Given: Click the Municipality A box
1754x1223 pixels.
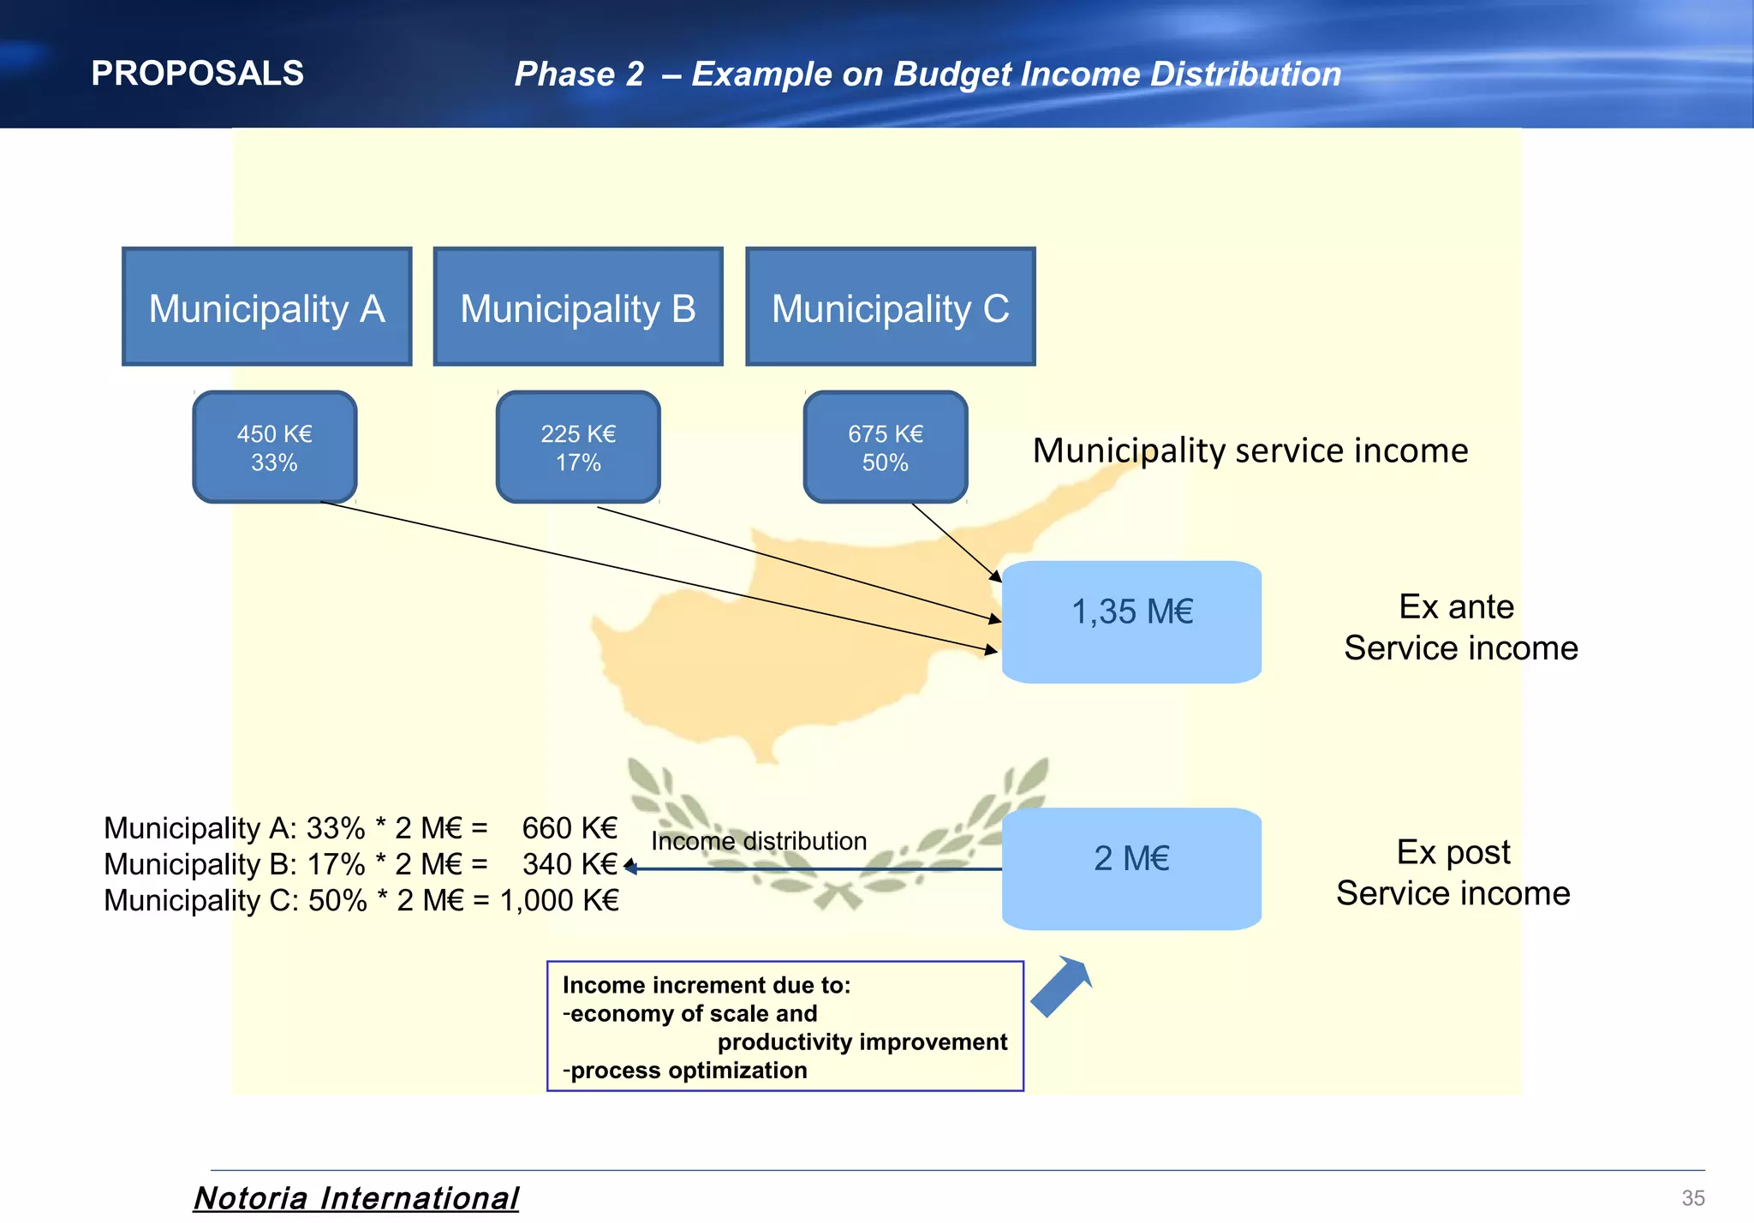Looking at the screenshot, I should (x=267, y=307).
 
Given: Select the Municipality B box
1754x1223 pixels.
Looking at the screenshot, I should (x=578, y=307).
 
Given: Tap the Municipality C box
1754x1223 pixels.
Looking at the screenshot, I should (x=891, y=307).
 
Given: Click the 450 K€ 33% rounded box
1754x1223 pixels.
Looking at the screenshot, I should (x=275, y=447).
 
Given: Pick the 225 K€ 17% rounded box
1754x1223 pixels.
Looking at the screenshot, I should (x=578, y=447).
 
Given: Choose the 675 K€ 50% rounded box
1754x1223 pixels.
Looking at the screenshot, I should (x=886, y=447).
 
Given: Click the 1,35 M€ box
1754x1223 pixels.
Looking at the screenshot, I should (x=1131, y=622).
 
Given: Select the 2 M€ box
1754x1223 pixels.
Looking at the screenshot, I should (x=1131, y=868).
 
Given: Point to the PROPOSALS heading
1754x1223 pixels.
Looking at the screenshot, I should (x=198, y=74).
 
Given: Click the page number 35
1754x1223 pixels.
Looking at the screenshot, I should (x=1693, y=1198).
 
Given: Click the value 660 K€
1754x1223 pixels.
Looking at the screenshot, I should (x=570, y=828).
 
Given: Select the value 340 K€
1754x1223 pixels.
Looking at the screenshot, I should (x=570, y=864).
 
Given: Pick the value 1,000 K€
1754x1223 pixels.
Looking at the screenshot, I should (x=559, y=900).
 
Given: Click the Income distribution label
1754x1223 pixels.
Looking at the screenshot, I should (x=759, y=841).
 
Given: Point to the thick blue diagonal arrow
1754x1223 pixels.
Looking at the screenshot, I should (x=1061, y=986).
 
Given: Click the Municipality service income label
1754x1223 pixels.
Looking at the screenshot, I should (x=1250, y=450).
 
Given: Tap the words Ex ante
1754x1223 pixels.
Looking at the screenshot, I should (x=1456, y=606).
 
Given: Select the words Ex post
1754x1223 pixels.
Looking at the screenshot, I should (x=1453, y=852).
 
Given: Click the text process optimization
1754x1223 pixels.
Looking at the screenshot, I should (x=689, y=1071).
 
